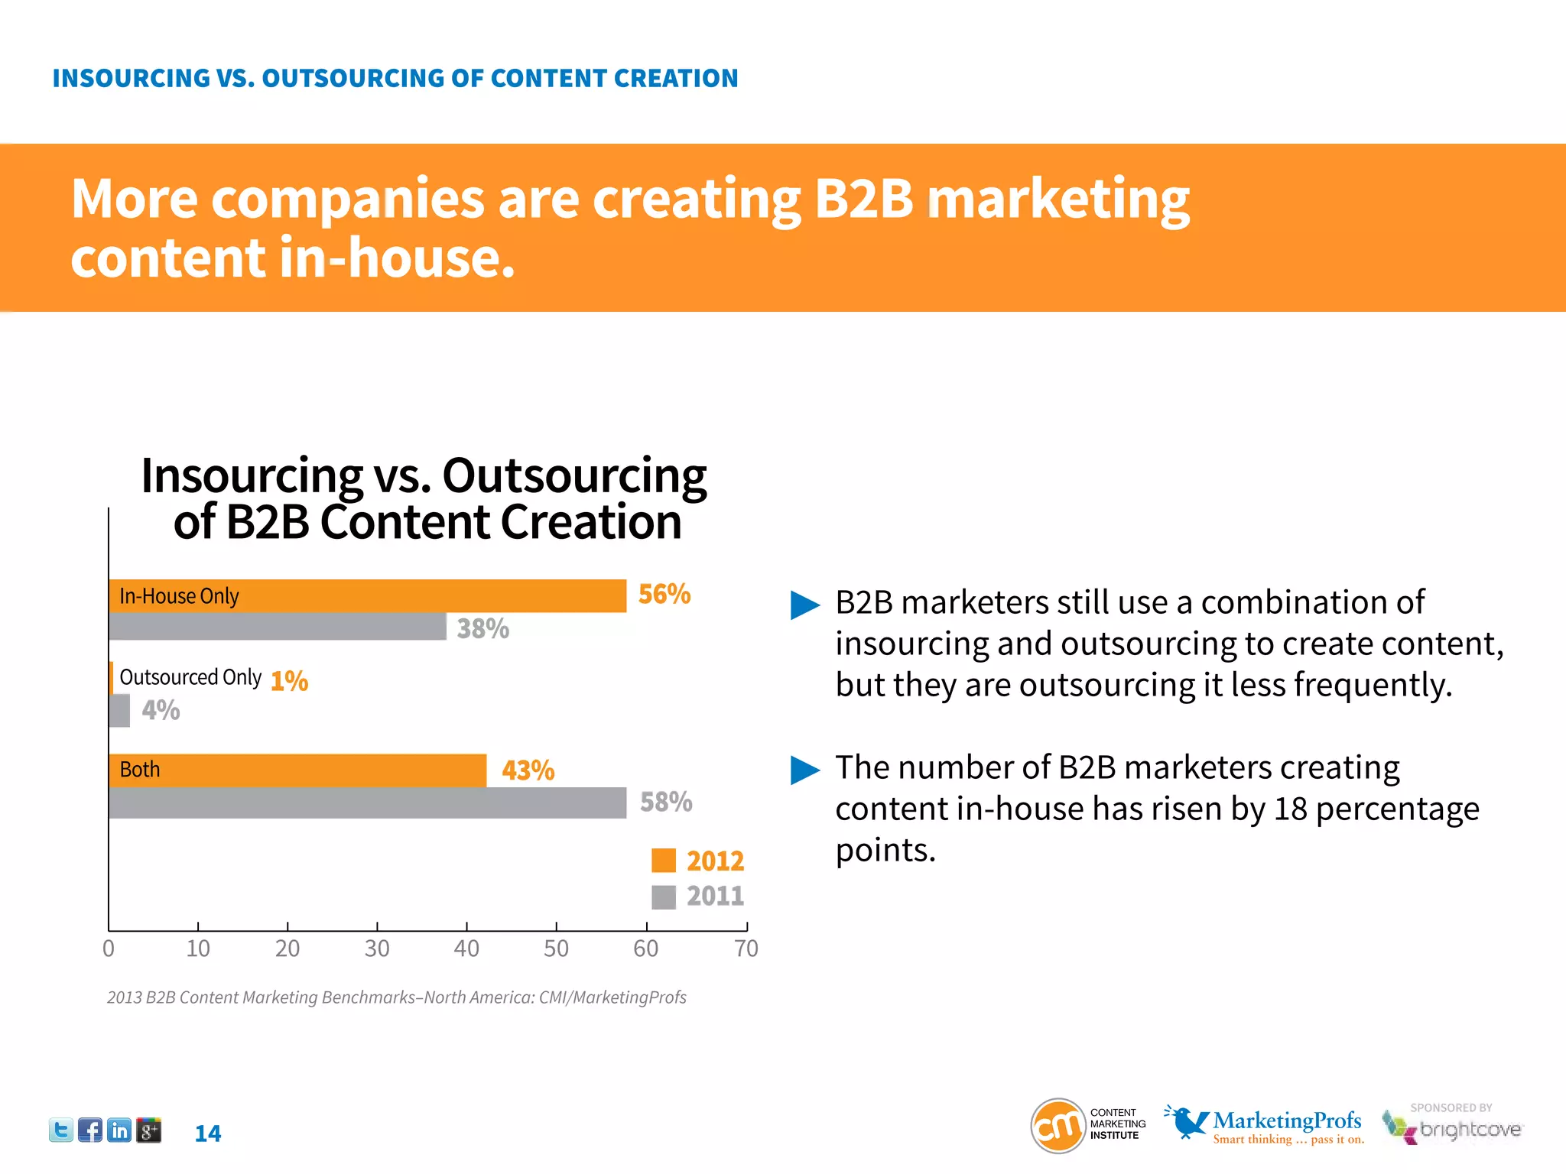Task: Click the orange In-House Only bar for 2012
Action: [367, 595]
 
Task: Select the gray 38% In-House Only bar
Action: [277, 627]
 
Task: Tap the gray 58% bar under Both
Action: [367, 803]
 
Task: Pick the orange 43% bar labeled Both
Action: [298, 770]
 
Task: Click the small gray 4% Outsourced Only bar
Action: [119, 710]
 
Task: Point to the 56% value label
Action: [664, 594]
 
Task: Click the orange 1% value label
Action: [289, 680]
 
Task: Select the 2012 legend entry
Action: [697, 861]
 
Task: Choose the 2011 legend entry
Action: [697, 896]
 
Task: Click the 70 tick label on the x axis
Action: [746, 948]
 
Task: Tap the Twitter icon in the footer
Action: [61, 1130]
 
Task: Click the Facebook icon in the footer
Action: [90, 1130]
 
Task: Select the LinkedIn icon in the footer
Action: [119, 1130]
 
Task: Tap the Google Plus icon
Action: [148, 1130]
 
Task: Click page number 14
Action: [207, 1133]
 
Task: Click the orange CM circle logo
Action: [1058, 1125]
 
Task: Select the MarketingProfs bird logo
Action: [1187, 1121]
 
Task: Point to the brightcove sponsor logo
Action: [1453, 1127]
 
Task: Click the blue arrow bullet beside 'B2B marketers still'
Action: [804, 605]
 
